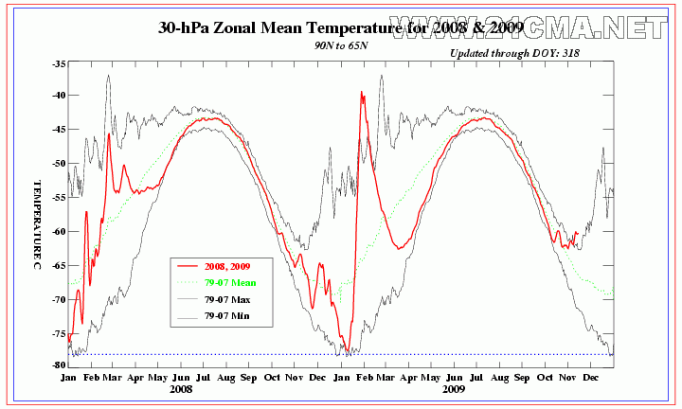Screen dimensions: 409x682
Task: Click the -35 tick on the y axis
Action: click(59, 64)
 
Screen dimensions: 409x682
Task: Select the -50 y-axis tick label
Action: click(59, 164)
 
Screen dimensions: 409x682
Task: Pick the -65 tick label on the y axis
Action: click(59, 265)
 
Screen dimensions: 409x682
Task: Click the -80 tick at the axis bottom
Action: click(59, 365)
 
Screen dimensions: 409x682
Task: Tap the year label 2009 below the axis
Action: click(454, 388)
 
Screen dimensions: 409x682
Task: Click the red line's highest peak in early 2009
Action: click(362, 92)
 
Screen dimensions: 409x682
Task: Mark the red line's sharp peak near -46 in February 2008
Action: click(109, 133)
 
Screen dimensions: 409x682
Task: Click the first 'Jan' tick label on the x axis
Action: click(68, 376)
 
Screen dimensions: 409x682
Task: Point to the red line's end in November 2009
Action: click(577, 232)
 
